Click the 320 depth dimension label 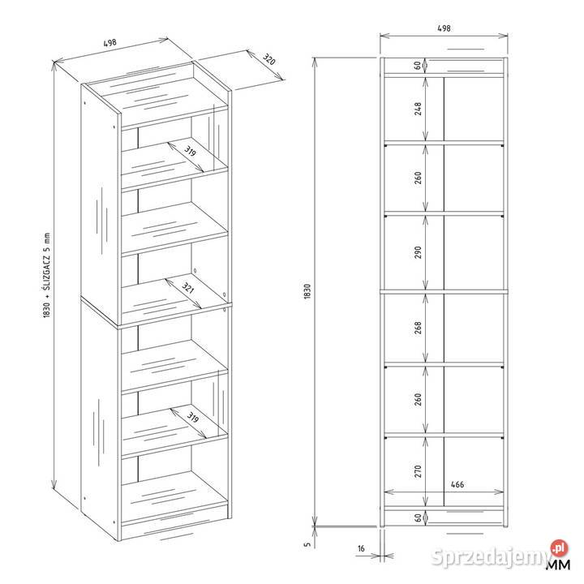(x=269, y=59)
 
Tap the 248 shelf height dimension (x=418, y=109)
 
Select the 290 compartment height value (x=418, y=252)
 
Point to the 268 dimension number (x=418, y=328)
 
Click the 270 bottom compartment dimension (x=418, y=471)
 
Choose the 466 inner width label (x=457, y=484)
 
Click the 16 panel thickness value (x=361, y=548)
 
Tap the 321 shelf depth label (x=187, y=287)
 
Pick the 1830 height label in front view (x=307, y=291)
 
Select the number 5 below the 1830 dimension (x=307, y=544)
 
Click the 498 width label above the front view (x=444, y=28)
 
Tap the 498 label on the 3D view (x=109, y=43)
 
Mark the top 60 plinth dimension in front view (x=418, y=65)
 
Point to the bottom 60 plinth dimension (x=418, y=517)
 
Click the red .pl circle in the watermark (x=560, y=548)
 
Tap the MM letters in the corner (x=558, y=565)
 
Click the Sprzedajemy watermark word (x=490, y=557)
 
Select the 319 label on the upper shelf (x=190, y=152)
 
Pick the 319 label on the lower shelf (x=192, y=418)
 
